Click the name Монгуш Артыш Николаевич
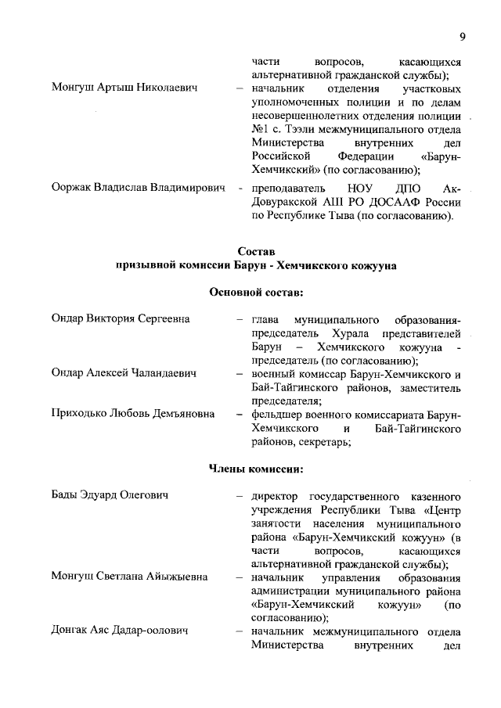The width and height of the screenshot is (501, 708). click(124, 88)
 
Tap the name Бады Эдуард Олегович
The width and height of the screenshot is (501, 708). click(110, 495)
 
